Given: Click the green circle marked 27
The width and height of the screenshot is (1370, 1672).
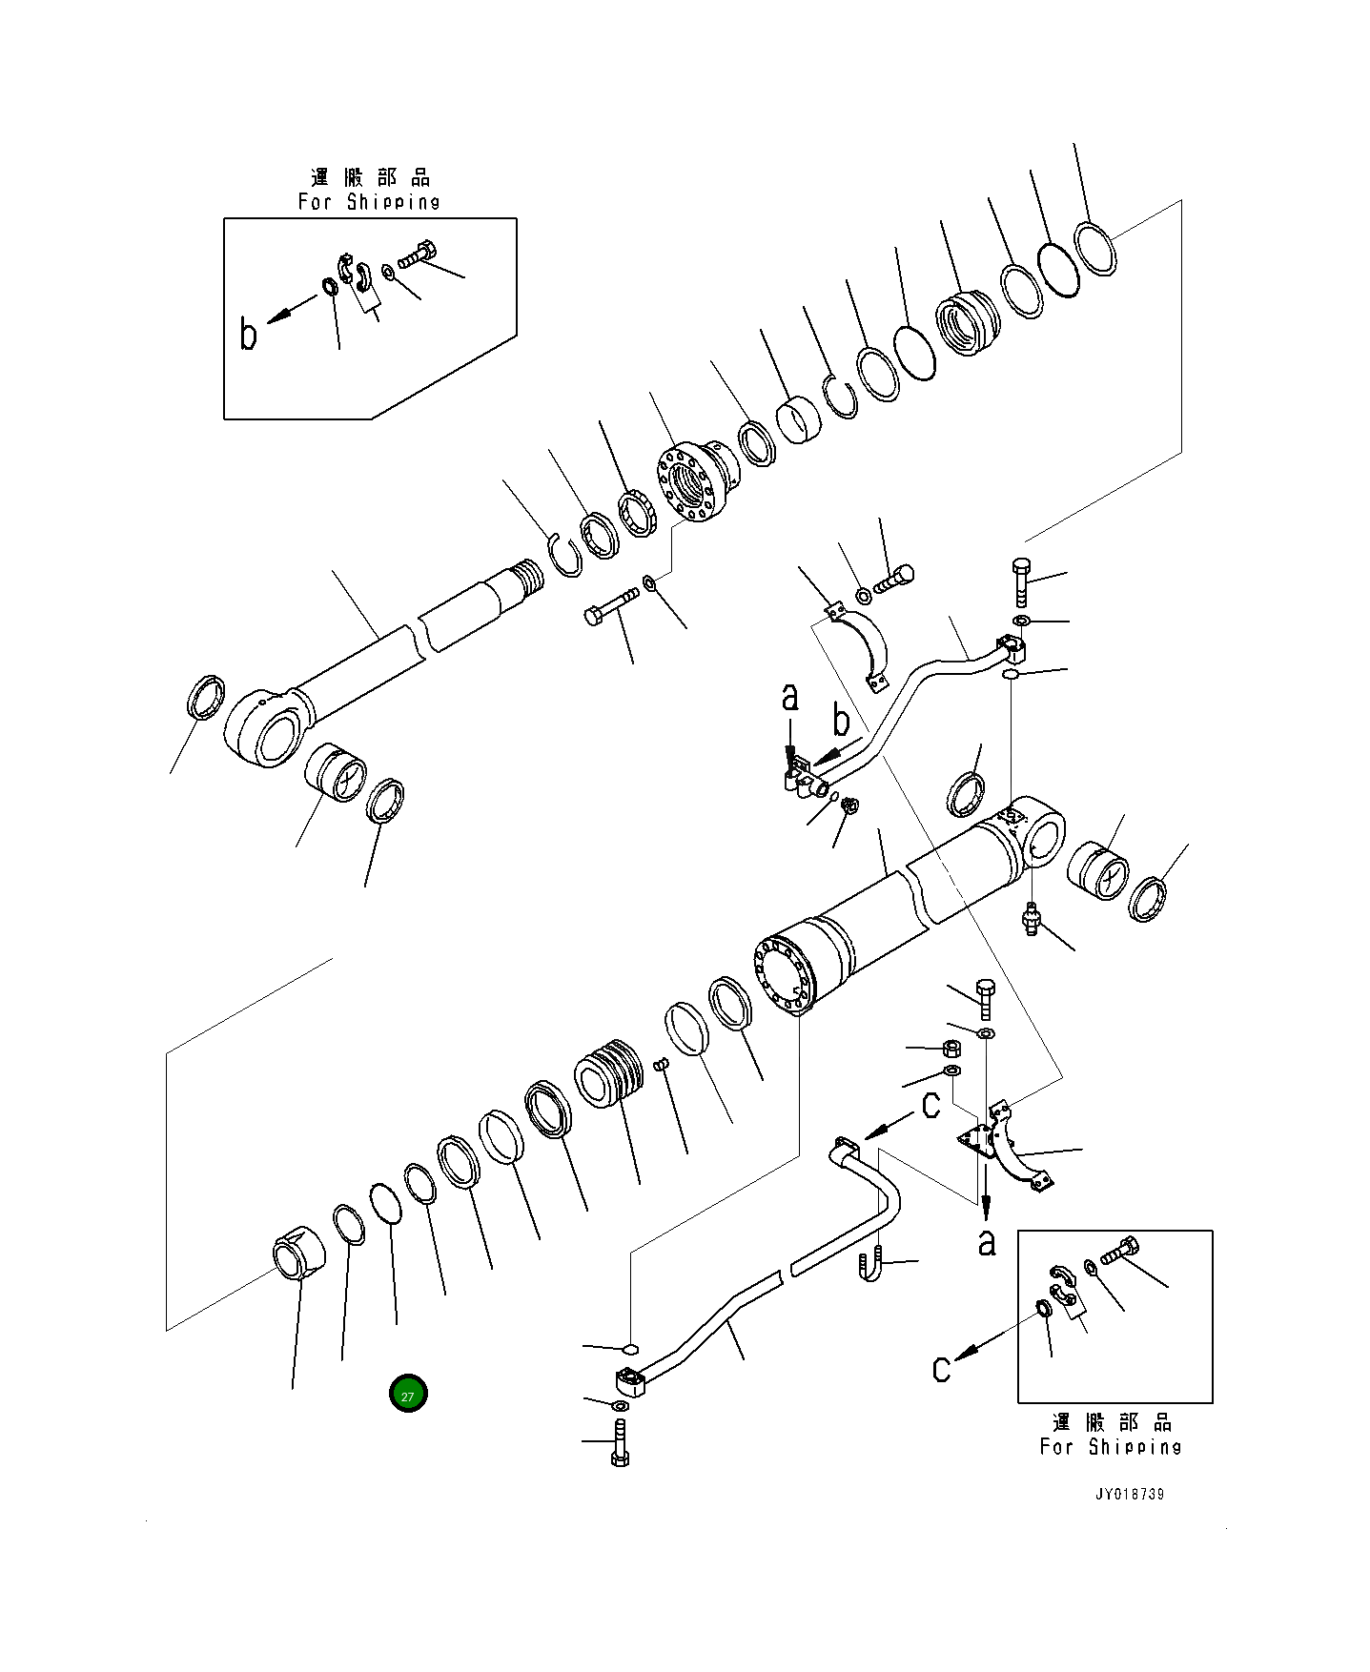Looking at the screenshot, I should tap(408, 1395).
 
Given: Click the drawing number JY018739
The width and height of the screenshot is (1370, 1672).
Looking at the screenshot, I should tap(1129, 1494).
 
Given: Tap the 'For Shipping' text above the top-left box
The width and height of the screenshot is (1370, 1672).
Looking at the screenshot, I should tap(369, 202).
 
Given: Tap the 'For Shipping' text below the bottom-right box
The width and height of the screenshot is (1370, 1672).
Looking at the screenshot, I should tap(1111, 1447).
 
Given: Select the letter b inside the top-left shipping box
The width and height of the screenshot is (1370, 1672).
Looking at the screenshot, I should tap(248, 335).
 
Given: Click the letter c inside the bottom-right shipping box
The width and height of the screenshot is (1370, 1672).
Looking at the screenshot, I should tap(941, 1369).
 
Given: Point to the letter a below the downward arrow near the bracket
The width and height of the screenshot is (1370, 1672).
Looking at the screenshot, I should tap(988, 1241).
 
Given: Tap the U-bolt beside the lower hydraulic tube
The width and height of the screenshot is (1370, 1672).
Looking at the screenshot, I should tap(870, 1267).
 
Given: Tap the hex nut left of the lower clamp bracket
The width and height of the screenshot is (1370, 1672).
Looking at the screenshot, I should tap(951, 1049).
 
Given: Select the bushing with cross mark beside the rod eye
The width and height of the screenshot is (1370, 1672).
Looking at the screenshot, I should tap(335, 773).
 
